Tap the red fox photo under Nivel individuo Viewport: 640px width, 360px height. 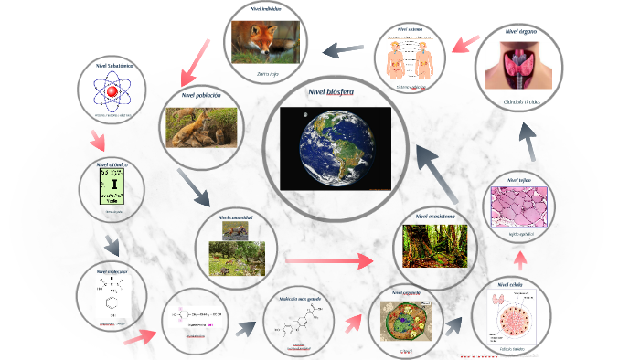tap(265, 39)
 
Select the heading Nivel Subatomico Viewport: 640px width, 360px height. tap(113, 67)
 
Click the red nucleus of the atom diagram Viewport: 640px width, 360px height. tap(113, 92)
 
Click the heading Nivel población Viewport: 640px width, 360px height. tap(202, 96)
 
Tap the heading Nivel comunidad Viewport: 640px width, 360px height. tap(236, 218)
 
